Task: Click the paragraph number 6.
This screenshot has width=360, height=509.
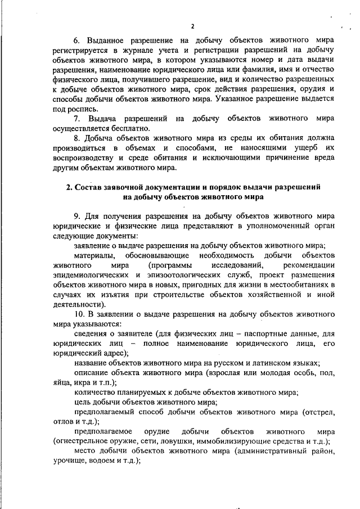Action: [78, 40]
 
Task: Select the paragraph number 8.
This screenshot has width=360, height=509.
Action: [78, 137]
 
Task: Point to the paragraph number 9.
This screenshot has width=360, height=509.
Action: [78, 216]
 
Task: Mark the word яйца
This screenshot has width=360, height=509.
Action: [62, 382]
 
